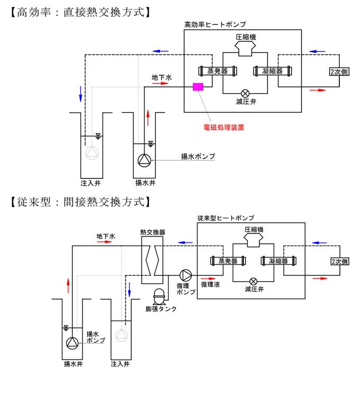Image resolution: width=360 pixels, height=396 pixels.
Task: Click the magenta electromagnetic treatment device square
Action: click(199, 87)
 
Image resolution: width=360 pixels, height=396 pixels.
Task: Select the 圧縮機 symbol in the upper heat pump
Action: click(246, 49)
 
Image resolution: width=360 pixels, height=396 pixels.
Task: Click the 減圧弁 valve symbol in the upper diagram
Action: click(246, 92)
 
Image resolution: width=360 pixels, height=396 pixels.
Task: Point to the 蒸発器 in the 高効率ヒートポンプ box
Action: click(217, 71)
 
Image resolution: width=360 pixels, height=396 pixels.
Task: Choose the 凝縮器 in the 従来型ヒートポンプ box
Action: click(277, 260)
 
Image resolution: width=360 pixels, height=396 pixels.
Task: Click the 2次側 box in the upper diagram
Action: click(339, 71)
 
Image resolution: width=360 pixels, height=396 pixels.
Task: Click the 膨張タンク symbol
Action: click(158, 298)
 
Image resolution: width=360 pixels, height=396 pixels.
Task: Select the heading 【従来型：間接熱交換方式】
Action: click(78, 202)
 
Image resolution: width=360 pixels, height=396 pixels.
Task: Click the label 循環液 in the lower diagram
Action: click(209, 284)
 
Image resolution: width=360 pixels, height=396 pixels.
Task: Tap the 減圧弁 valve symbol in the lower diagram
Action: click(254, 281)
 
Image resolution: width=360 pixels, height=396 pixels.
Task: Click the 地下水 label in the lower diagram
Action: click(106, 236)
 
